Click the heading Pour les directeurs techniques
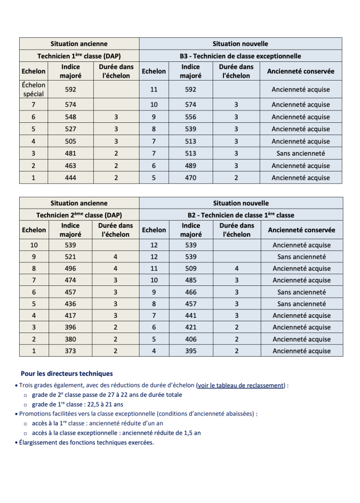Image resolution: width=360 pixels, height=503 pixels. (x=67, y=374)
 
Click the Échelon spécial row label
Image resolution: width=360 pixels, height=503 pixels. (x=33, y=89)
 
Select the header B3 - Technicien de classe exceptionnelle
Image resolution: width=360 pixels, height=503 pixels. (x=240, y=56)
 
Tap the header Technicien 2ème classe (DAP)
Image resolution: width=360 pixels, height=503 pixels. (x=79, y=215)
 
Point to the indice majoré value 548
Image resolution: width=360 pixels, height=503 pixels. (x=70, y=117)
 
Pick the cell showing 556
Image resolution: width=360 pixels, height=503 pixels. (x=191, y=117)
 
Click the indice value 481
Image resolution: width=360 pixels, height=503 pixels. (x=70, y=153)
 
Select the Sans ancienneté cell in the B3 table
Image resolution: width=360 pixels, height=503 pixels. (x=301, y=153)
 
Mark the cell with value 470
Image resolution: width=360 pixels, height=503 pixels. (x=191, y=178)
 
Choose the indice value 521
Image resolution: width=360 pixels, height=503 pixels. (x=70, y=256)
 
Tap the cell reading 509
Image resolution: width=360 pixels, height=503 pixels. (x=191, y=269)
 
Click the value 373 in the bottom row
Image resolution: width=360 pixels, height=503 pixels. (x=70, y=351)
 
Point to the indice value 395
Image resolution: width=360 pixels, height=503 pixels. (x=191, y=351)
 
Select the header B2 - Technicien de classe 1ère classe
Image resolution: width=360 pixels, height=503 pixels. (x=241, y=215)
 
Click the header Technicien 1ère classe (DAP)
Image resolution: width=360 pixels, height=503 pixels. (x=79, y=56)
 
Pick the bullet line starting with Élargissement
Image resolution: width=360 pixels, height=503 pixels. (x=86, y=443)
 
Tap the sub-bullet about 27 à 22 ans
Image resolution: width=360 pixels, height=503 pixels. (x=107, y=395)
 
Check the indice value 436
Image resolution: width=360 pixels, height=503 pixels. (x=70, y=304)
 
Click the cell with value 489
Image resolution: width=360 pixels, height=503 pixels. (x=191, y=166)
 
